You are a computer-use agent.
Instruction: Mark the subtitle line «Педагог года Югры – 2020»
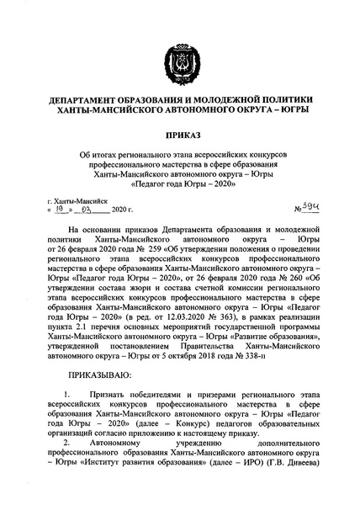(180, 183)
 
